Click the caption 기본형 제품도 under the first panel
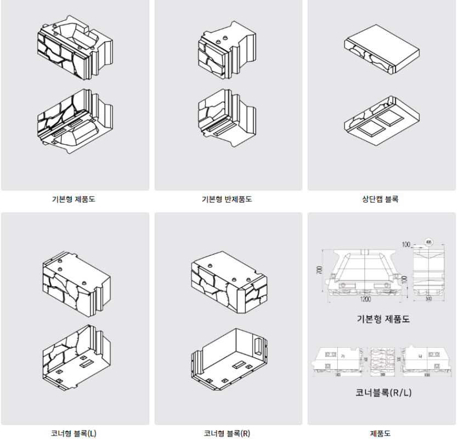pos(75,200)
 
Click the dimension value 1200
pos(365,300)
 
